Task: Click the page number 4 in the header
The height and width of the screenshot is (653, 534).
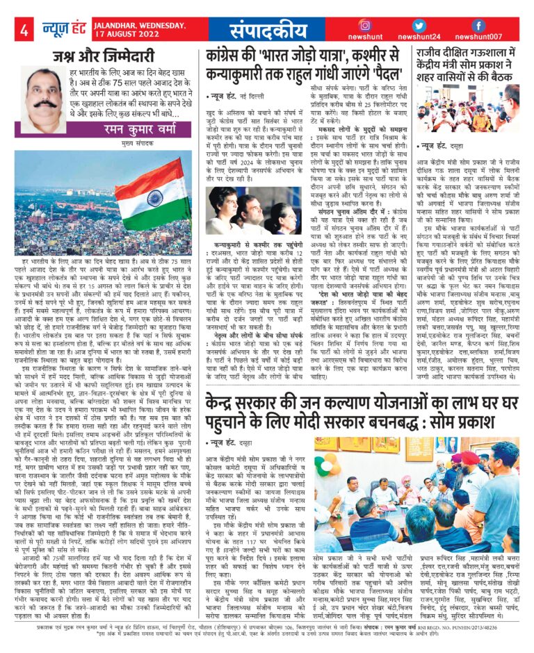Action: (x=24, y=30)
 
